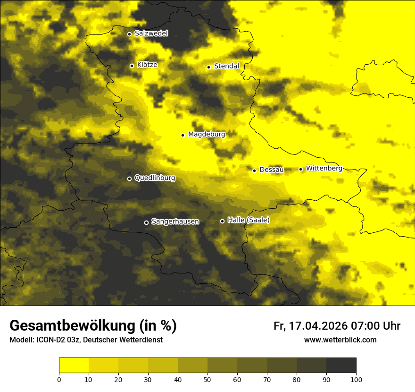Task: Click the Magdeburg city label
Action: (x=207, y=135)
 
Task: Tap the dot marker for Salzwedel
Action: (x=129, y=34)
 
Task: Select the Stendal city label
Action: (x=226, y=66)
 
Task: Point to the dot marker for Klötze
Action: (x=132, y=66)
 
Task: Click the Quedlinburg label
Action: (x=155, y=178)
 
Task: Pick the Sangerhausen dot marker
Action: (x=146, y=222)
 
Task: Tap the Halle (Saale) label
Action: (x=249, y=220)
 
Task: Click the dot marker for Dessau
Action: (x=254, y=170)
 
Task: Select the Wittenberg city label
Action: (x=324, y=168)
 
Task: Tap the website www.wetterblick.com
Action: (x=340, y=340)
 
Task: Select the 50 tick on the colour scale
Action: (x=207, y=379)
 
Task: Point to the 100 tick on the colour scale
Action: (x=356, y=379)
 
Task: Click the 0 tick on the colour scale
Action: (x=59, y=379)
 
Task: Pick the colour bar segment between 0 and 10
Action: (x=74, y=366)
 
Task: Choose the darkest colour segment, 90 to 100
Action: (x=341, y=366)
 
